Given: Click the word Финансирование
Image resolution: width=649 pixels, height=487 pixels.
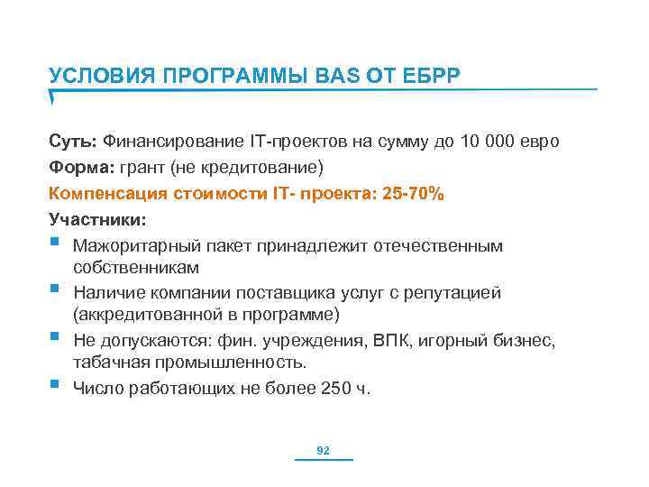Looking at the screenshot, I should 169,142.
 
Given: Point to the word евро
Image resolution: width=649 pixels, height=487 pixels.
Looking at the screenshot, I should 539,142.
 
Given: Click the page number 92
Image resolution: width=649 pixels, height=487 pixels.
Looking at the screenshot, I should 324,450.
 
